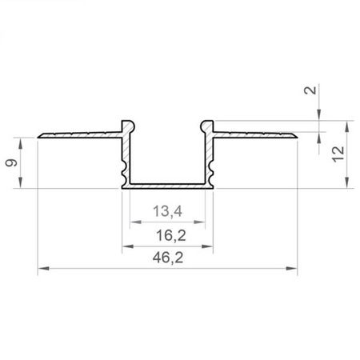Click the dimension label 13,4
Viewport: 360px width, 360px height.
pyautogui.click(x=168, y=211)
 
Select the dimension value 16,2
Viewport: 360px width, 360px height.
pyautogui.click(x=170, y=235)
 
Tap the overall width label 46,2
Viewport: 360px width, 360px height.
pyautogui.click(x=168, y=258)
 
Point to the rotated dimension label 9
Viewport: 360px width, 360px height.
pyautogui.click(x=11, y=162)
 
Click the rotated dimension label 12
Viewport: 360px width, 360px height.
pyautogui.click(x=338, y=154)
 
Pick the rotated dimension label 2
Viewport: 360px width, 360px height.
pyautogui.click(x=310, y=90)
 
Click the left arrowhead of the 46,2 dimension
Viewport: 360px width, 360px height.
pyautogui.click(x=43, y=268)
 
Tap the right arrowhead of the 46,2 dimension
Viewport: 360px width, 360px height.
pyautogui.click(x=291, y=268)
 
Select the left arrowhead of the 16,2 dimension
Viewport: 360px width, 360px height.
pyautogui.click(x=128, y=246)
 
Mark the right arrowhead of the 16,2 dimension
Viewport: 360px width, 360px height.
pyautogui.click(x=207, y=246)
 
